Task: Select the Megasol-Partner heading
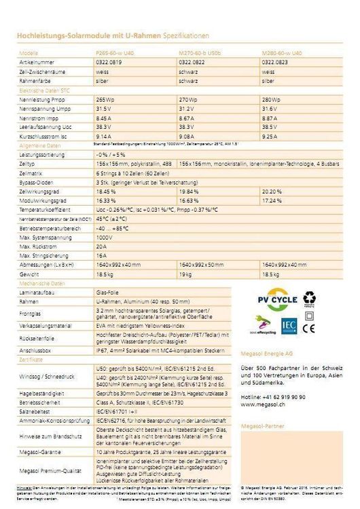(261, 426)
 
